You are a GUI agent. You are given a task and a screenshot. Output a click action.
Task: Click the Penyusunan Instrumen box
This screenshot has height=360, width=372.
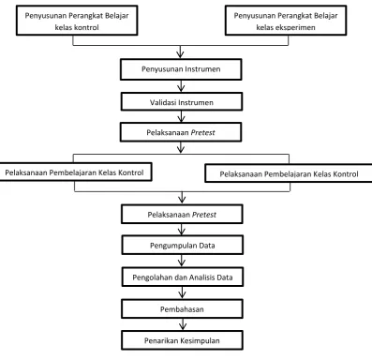pos(181,69)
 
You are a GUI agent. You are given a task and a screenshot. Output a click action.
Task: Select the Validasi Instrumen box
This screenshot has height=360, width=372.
pos(182,101)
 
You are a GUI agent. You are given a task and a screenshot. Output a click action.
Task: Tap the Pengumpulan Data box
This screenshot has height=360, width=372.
pos(183,245)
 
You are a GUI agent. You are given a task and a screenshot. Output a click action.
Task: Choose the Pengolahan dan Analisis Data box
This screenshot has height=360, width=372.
pos(183,277)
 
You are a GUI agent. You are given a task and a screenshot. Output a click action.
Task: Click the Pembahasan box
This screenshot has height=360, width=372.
pos(182,308)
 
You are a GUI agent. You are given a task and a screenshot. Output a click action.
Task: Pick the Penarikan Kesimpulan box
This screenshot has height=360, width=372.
pos(182,340)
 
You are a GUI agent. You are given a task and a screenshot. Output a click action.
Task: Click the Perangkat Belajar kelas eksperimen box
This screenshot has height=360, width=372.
pos(286,21)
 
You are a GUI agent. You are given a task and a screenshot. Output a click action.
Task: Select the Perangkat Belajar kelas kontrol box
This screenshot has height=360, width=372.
pos(77,21)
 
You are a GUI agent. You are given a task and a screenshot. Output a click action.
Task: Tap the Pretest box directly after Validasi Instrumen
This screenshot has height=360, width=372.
pos(181,132)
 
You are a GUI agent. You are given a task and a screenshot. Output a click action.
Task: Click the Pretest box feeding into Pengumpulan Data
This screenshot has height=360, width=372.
pos(182,214)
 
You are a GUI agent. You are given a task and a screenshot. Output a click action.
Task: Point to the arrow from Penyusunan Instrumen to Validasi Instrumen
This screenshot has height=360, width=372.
pos(181,86)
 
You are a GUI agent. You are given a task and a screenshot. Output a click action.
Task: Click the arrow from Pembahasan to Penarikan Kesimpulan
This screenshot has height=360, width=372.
pos(183,324)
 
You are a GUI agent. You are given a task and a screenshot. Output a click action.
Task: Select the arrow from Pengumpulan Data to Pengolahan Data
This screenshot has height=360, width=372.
pos(182,261)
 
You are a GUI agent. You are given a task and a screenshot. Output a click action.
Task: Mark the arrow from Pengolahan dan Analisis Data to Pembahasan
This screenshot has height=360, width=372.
pos(182,292)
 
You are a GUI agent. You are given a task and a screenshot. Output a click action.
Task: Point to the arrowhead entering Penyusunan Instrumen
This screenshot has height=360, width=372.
pos(180,55)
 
